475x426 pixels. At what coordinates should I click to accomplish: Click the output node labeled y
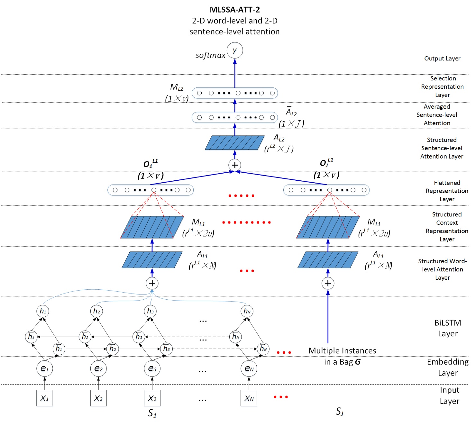click(x=235, y=50)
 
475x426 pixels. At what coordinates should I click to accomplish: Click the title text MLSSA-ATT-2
click(x=235, y=10)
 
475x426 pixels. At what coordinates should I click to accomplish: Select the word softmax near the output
click(x=211, y=55)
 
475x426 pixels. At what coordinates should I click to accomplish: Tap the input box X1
click(x=45, y=398)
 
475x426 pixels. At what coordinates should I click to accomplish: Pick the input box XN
click(x=249, y=398)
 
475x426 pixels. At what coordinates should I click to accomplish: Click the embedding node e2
click(x=98, y=368)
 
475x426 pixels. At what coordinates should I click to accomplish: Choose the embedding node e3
click(x=152, y=368)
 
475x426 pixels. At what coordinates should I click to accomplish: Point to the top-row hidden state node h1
click(x=43, y=311)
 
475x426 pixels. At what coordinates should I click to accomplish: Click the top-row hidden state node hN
click(x=247, y=311)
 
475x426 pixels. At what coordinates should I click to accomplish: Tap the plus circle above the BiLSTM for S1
click(x=152, y=283)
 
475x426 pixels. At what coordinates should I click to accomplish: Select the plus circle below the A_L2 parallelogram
click(x=235, y=165)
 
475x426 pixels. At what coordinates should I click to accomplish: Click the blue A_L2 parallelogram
click(x=235, y=142)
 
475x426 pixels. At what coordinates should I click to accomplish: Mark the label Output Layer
click(x=442, y=59)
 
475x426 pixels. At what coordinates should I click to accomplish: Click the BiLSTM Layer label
click(x=448, y=328)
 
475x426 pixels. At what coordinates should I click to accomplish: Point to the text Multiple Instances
click(x=342, y=351)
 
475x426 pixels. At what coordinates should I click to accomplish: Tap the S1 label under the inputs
click(x=152, y=413)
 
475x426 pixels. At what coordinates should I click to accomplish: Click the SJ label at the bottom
click(x=340, y=412)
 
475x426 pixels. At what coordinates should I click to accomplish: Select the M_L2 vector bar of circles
click(x=235, y=93)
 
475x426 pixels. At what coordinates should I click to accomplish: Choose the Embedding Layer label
click(x=448, y=367)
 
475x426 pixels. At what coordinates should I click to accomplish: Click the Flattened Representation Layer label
click(x=447, y=191)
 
